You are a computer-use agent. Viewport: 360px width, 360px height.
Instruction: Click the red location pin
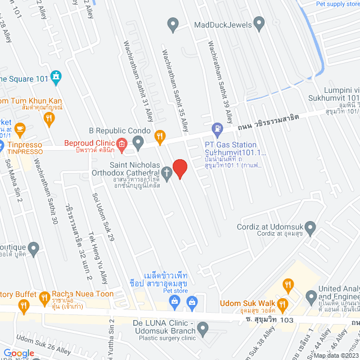tap(179, 168)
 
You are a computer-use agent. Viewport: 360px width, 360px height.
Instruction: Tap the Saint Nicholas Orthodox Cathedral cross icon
tap(167, 172)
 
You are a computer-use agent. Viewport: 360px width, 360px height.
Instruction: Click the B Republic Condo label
tap(120, 131)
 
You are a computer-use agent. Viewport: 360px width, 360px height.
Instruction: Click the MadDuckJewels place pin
tap(259, 24)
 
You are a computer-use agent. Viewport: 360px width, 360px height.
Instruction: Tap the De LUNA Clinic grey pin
tap(204, 328)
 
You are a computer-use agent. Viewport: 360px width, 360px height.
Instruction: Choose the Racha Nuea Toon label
tap(83, 294)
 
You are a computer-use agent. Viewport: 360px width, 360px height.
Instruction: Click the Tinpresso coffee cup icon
tap(20, 129)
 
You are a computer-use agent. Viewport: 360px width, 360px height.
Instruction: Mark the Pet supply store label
tap(337, 4)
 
